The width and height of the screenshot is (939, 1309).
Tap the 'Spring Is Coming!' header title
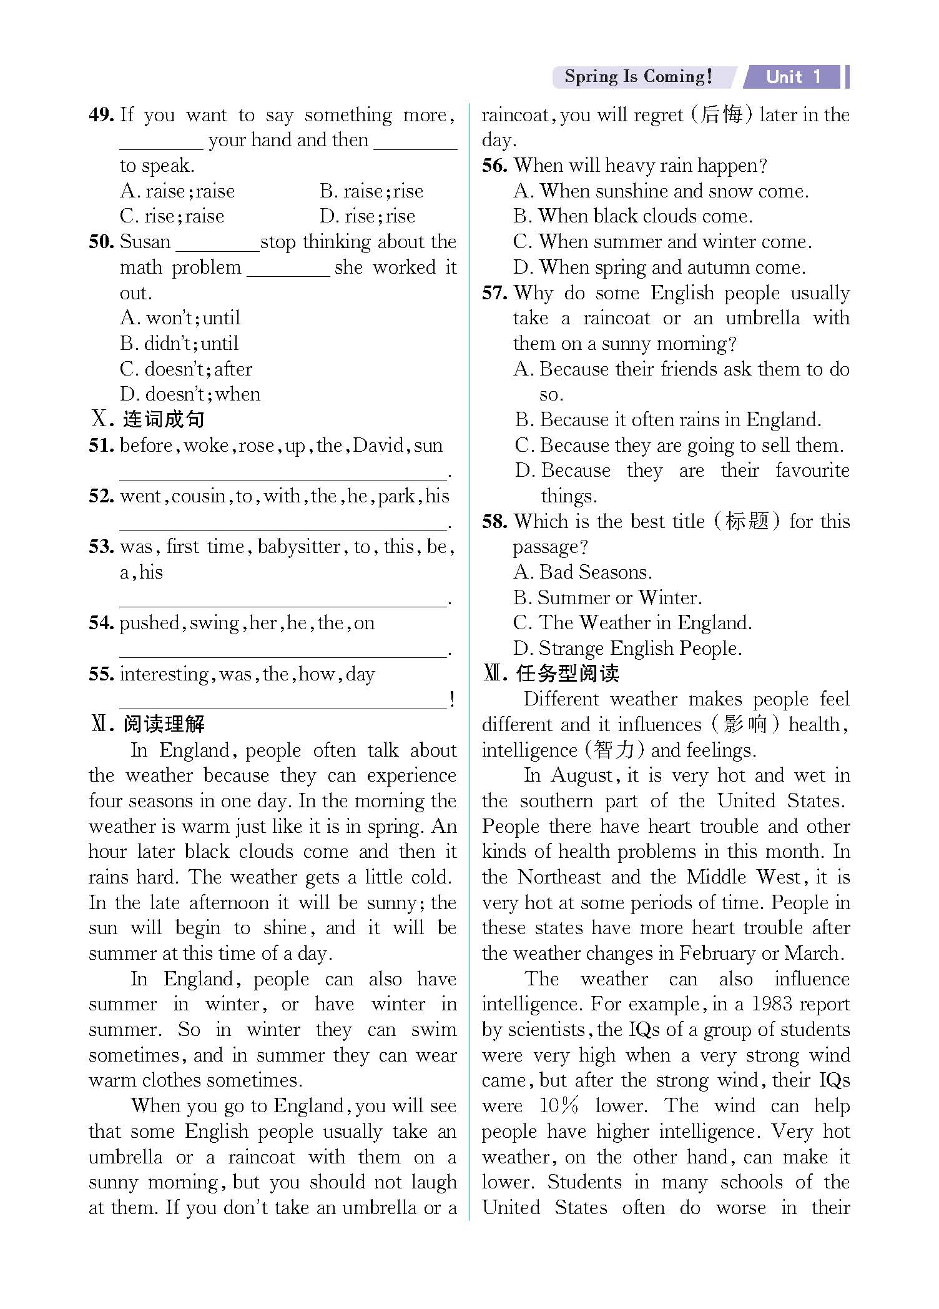point(637,77)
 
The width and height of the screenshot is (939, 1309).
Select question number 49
point(101,115)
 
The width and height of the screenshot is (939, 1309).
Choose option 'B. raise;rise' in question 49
point(371,191)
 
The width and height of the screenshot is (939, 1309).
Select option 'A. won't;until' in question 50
point(180,318)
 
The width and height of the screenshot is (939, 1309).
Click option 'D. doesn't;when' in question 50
point(190,394)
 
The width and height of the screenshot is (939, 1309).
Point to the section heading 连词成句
point(164,419)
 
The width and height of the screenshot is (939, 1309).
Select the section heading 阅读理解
point(164,724)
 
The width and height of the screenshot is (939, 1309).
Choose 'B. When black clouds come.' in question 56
point(633,216)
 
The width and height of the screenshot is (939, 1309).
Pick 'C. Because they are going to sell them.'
point(679,445)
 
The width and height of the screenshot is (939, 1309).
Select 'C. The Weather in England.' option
point(632,623)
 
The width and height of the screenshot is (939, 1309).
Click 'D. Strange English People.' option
point(627,649)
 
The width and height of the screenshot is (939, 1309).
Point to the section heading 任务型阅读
point(568,674)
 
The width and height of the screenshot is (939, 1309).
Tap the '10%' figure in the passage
point(559,1106)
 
